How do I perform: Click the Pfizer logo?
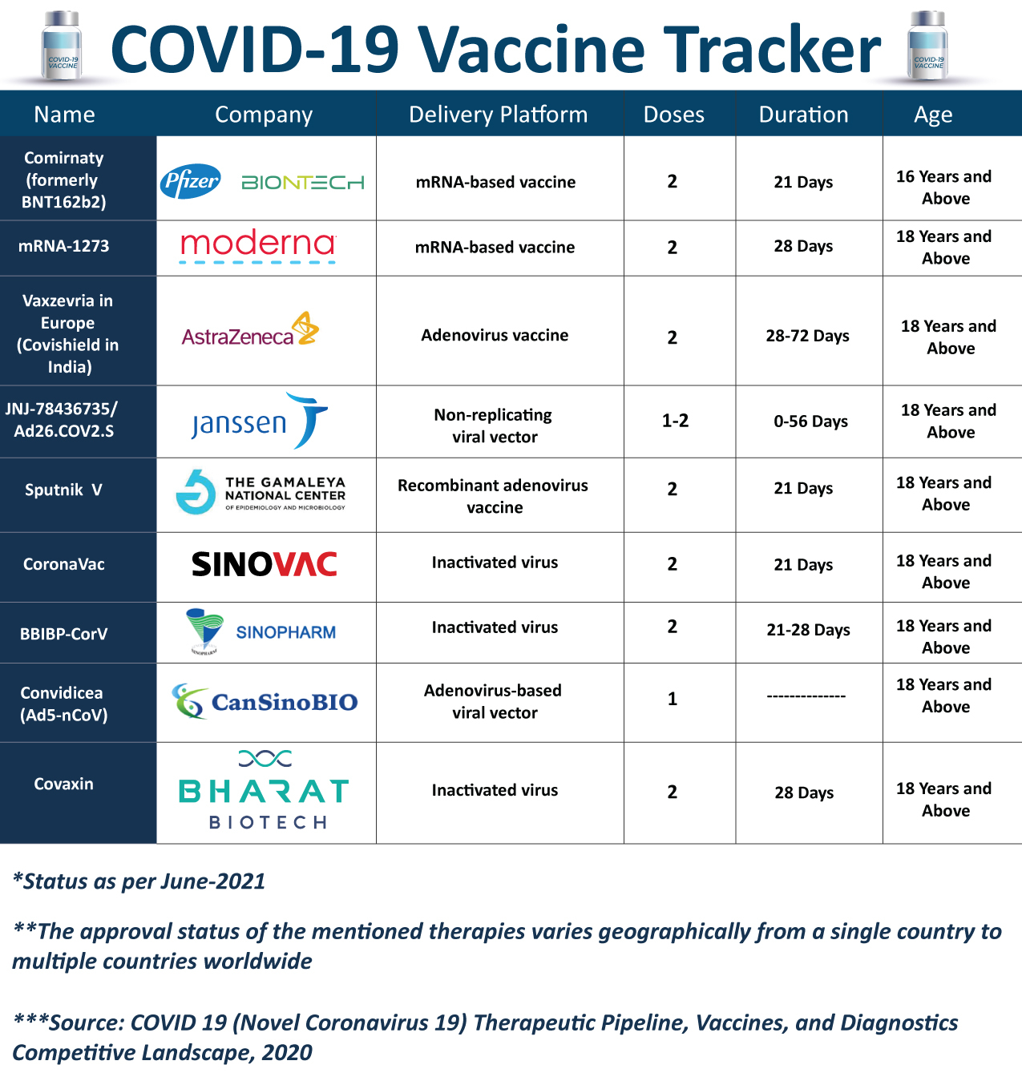click(x=191, y=182)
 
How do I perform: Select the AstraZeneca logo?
click(x=250, y=330)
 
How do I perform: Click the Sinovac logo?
click(x=265, y=564)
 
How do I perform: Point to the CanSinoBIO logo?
click(x=265, y=702)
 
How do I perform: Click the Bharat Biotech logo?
click(x=265, y=790)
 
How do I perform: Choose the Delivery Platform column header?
click(x=498, y=115)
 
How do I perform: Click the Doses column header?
click(x=673, y=115)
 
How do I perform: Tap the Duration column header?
click(x=803, y=115)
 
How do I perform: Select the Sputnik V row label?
click(x=63, y=490)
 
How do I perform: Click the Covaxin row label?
click(x=63, y=784)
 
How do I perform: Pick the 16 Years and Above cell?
click(x=944, y=187)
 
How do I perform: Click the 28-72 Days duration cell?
click(x=807, y=336)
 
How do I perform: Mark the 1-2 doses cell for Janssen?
click(x=675, y=421)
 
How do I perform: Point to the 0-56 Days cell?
click(x=810, y=421)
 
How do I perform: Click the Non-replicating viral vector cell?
click(x=494, y=426)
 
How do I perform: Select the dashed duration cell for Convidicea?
click(x=806, y=696)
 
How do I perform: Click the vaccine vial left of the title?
click(x=62, y=46)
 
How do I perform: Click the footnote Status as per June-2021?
click(x=139, y=881)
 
